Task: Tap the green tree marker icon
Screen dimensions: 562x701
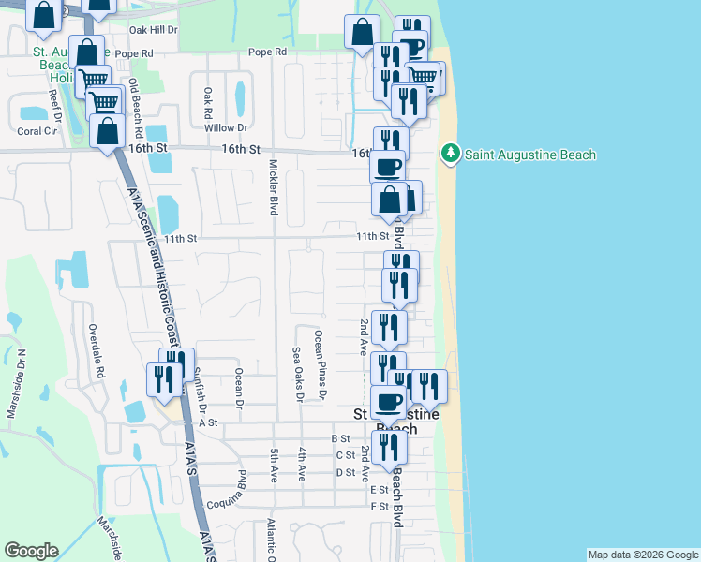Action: pyautogui.click(x=451, y=154)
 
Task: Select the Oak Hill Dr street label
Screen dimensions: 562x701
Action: pyautogui.click(x=156, y=30)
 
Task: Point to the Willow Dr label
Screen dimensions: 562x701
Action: pyautogui.click(x=226, y=127)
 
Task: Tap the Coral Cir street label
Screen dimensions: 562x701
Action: pyautogui.click(x=37, y=131)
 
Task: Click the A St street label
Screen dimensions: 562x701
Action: pyautogui.click(x=207, y=422)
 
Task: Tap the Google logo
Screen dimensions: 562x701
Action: pyautogui.click(x=31, y=551)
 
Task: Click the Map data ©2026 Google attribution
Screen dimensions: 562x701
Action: pyautogui.click(x=642, y=555)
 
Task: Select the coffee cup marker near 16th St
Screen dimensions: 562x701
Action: pyautogui.click(x=388, y=167)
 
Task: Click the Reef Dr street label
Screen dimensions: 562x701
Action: pyautogui.click(x=56, y=102)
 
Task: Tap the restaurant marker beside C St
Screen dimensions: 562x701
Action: pyautogui.click(x=388, y=448)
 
